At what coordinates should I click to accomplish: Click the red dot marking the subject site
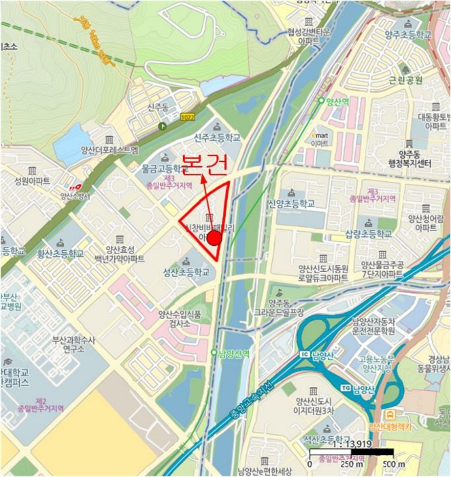click(x=214, y=238)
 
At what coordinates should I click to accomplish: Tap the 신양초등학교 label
click(x=291, y=203)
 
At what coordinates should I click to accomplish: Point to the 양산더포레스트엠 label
click(x=109, y=151)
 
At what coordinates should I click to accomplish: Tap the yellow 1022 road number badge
click(x=187, y=119)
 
